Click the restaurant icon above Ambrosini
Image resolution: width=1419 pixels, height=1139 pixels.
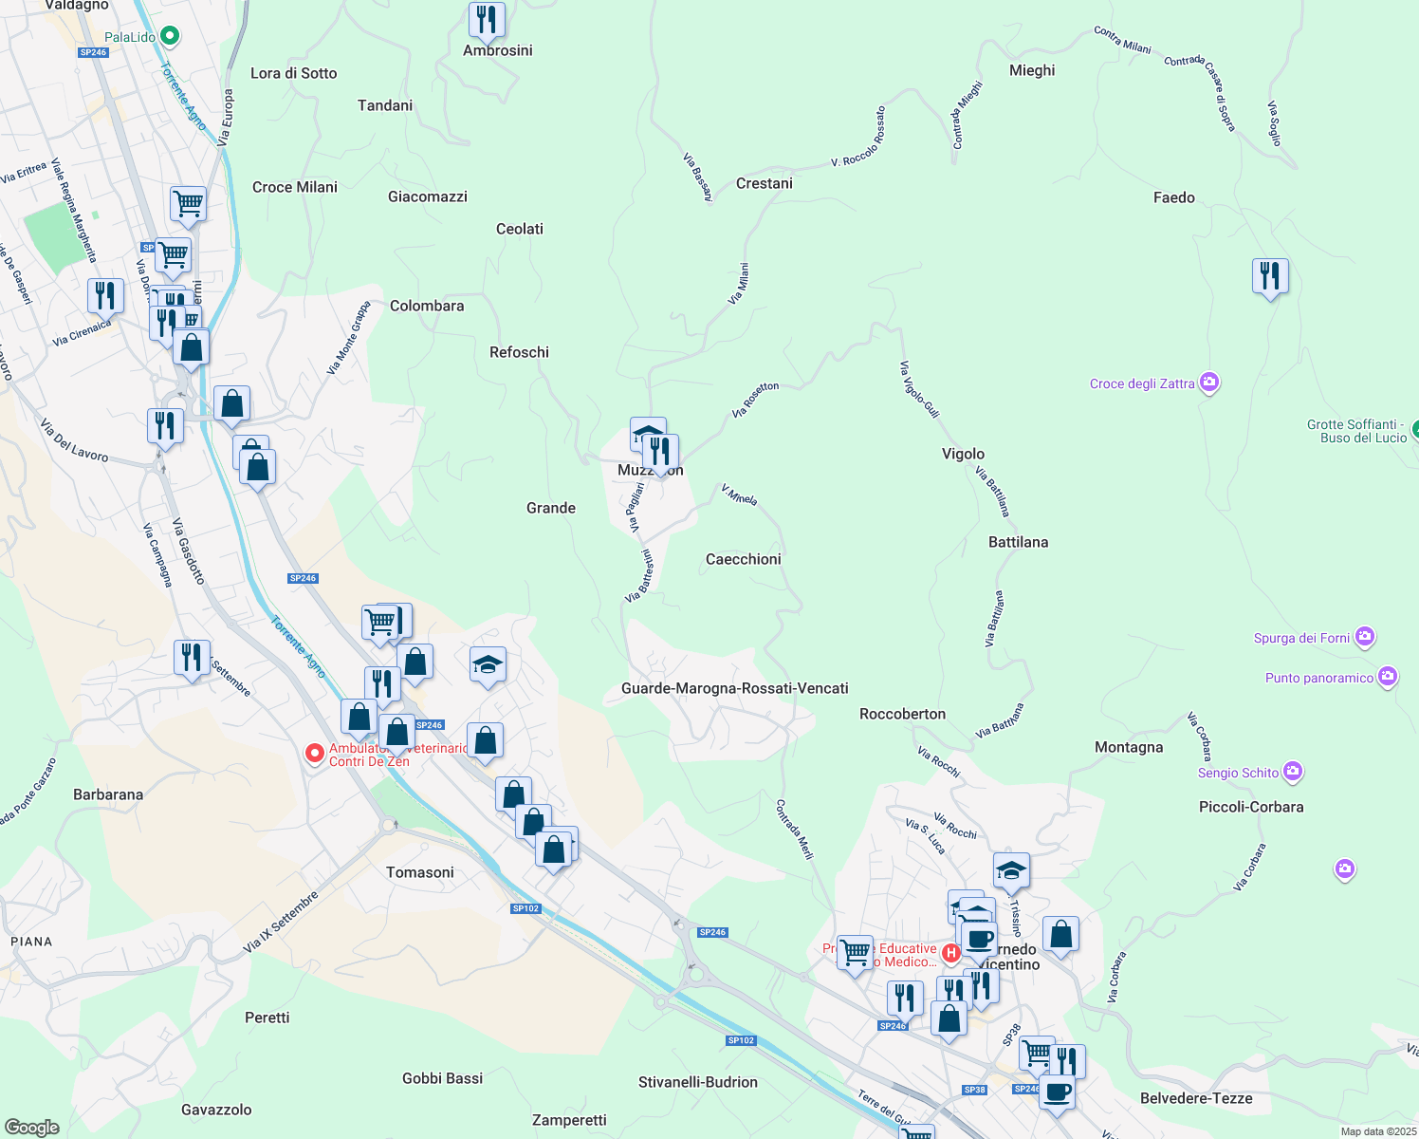487,19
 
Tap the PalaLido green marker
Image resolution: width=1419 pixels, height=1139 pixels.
170,37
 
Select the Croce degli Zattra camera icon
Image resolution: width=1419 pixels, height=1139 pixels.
1208,383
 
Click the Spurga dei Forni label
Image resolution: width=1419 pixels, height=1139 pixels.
1301,638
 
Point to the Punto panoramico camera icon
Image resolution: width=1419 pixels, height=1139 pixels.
1387,677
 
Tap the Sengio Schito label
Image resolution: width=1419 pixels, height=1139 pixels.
1238,773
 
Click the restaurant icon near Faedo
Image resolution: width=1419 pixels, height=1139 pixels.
1269,276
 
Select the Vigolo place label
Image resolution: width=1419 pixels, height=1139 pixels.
963,454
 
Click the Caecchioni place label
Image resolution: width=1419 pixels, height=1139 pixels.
743,559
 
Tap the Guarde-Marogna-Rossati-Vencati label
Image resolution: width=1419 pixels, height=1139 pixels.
734,688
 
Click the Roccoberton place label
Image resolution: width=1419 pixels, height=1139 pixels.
902,714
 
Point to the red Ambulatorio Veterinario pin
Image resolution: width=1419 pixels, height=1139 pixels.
314,754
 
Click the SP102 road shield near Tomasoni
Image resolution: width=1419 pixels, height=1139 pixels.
525,908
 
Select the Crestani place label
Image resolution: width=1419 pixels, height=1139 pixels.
764,183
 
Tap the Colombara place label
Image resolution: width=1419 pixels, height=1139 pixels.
427,306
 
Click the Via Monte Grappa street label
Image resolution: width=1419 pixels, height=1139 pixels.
348,339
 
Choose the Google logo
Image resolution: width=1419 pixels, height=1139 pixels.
32,1127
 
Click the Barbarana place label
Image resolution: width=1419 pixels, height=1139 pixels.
108,794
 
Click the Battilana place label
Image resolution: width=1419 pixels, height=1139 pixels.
1018,542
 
